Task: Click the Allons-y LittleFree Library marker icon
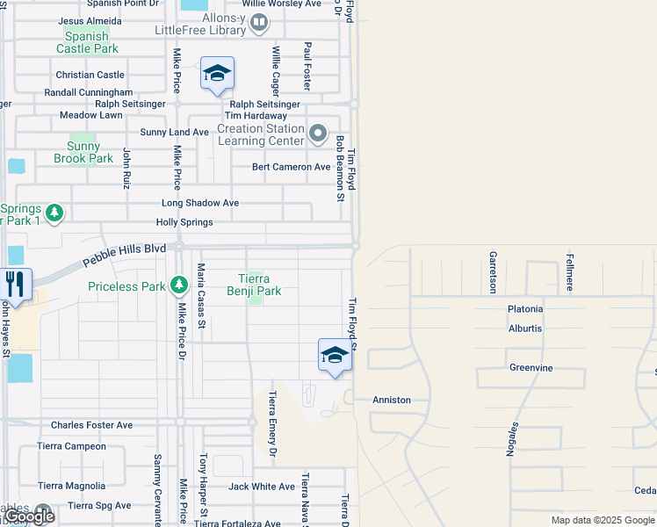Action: (x=259, y=22)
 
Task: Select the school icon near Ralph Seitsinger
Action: (x=216, y=74)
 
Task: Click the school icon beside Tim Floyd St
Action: (x=334, y=355)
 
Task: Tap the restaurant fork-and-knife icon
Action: (x=16, y=283)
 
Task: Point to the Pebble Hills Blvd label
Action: (x=125, y=256)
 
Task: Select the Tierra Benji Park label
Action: (x=254, y=285)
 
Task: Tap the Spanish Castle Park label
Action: (x=87, y=42)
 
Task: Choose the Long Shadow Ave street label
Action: (x=199, y=203)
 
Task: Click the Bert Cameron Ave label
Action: (x=291, y=167)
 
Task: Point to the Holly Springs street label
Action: (x=184, y=222)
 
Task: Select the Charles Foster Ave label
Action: (x=91, y=425)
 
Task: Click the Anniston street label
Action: (x=392, y=400)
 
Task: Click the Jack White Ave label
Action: (x=262, y=487)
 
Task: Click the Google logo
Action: (x=29, y=516)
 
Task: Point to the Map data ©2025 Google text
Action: (x=603, y=520)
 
